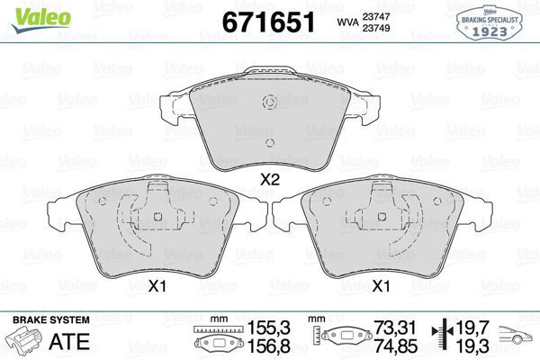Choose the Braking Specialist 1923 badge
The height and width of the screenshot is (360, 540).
point(496,22)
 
